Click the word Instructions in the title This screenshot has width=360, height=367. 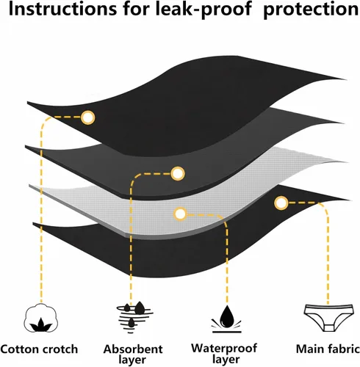coord(62,9)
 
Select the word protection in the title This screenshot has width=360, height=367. coord(311,10)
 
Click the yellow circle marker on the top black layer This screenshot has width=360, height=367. coord(88,117)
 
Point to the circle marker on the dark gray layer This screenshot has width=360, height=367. coord(178,173)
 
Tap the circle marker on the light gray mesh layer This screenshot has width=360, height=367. coord(180,214)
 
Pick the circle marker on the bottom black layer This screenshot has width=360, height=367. coord(281,203)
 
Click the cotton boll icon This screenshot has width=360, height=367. coord(41,318)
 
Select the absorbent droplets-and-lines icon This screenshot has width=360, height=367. coord(134,317)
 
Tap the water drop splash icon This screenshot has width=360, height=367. coord(226,319)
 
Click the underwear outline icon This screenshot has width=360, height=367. coord(329,318)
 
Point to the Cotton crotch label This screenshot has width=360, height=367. coord(39,349)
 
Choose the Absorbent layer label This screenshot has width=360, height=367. coord(133,354)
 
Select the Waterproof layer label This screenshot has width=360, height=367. coord(224,354)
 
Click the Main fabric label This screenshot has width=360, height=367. coord(328,349)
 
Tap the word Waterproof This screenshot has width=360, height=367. coord(224,349)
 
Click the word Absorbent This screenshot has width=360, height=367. coord(133,349)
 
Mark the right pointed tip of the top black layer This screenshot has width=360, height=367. coord(346,79)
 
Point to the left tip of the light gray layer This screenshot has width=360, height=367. coord(29,186)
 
